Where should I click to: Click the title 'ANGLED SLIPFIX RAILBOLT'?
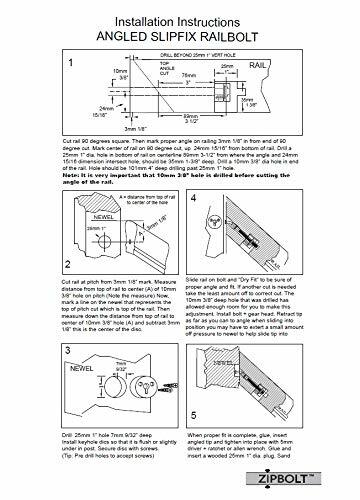coord(179,29)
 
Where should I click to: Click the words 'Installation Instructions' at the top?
coord(179,12)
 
